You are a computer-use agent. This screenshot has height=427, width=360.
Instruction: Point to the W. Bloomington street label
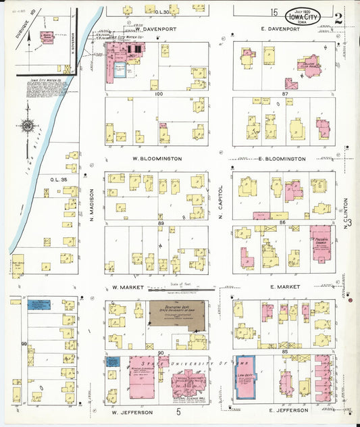click(x=154, y=159)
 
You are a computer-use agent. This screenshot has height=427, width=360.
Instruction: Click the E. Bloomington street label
click(x=282, y=159)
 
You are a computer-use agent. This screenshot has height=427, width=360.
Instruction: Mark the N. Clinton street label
click(x=345, y=211)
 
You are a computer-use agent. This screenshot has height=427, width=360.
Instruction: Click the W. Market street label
click(x=125, y=288)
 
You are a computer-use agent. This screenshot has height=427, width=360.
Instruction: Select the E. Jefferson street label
click(x=288, y=410)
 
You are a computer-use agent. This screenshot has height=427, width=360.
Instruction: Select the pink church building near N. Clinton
click(x=320, y=244)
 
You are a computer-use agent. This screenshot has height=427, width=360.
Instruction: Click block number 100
click(x=159, y=95)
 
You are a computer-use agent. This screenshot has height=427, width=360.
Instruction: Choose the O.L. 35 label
click(x=57, y=179)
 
